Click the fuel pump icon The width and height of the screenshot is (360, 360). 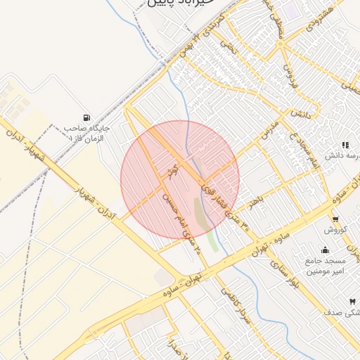coord(86,117)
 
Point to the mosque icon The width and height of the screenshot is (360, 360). coord(324,250)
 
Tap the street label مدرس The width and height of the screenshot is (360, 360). coord(268,127)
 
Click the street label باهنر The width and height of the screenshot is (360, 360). coord(255,200)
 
